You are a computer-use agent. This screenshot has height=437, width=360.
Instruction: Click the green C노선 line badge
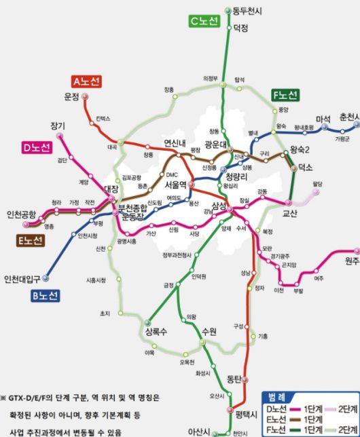(204, 22)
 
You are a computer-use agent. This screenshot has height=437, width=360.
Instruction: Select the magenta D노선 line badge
(41, 149)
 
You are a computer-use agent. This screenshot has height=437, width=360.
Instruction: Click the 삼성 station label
(218, 206)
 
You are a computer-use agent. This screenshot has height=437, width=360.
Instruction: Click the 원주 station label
(352, 261)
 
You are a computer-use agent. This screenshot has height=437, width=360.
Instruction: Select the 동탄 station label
(235, 378)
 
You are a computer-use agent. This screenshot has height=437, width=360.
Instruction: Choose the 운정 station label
(71, 96)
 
